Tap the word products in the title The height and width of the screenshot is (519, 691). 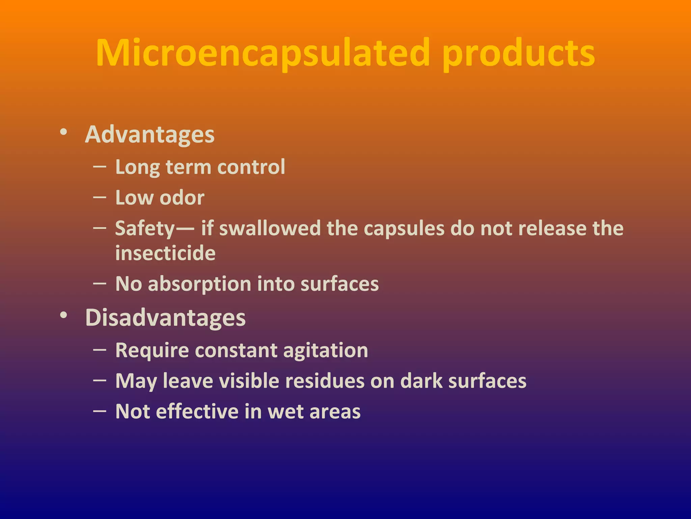519,54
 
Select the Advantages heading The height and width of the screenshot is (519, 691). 149,134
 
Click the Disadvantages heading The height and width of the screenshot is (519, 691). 165,318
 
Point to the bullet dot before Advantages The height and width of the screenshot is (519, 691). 63,132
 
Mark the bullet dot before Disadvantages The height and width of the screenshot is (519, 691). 63,315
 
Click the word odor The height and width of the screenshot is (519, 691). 182,198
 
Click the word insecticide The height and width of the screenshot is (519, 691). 165,253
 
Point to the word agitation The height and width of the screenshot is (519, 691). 326,350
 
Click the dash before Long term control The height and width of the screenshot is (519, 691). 100,167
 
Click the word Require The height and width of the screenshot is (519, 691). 152,350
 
